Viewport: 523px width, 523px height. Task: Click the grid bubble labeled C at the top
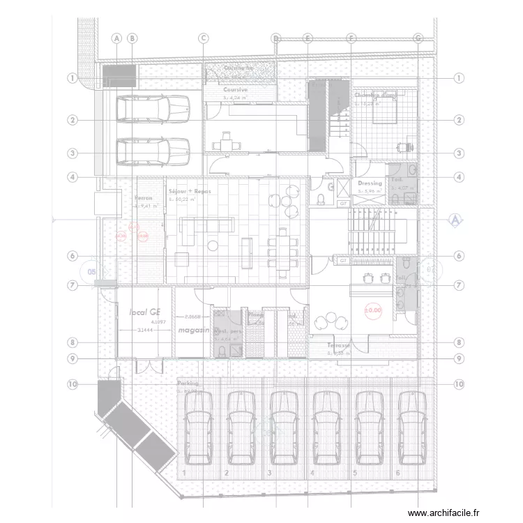pyautogui.click(x=204, y=38)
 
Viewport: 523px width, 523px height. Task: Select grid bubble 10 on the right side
pyautogui.click(x=458, y=384)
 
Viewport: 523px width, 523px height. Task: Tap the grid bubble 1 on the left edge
pyautogui.click(x=72, y=78)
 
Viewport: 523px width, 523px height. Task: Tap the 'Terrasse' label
pyautogui.click(x=340, y=344)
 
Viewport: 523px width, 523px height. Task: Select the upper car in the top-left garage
pyautogui.click(x=153, y=108)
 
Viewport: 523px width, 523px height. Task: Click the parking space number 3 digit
pyautogui.click(x=269, y=473)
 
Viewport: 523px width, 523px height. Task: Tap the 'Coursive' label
pyautogui.click(x=236, y=90)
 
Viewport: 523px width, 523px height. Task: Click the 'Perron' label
pyautogui.click(x=144, y=198)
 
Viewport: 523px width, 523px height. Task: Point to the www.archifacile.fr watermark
pyautogui.click(x=444, y=513)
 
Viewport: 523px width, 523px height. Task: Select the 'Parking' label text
pyautogui.click(x=188, y=384)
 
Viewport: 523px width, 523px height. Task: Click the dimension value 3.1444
pyautogui.click(x=146, y=330)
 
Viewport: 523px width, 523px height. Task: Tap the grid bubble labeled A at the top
pyautogui.click(x=116, y=38)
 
